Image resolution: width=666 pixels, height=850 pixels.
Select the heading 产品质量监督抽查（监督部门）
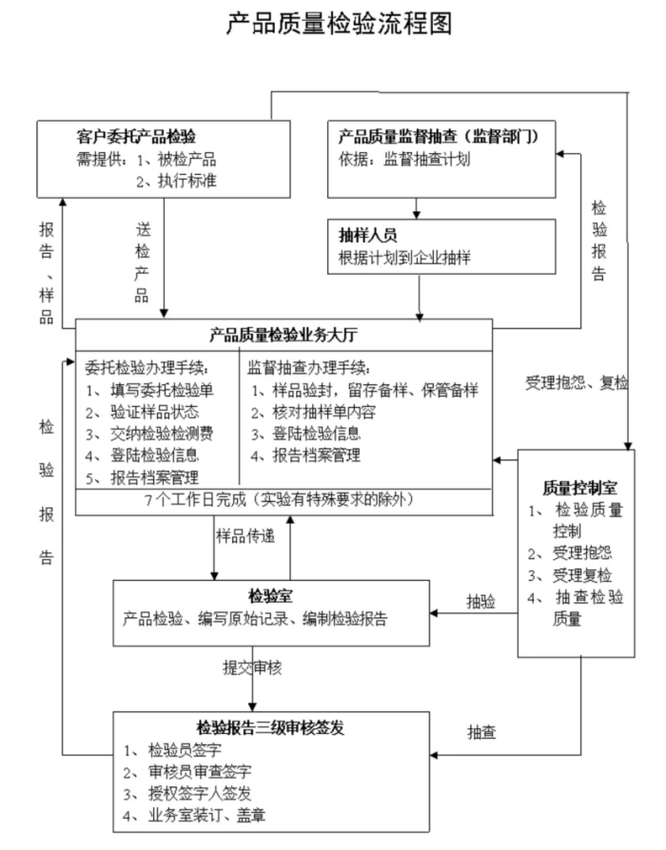click(x=440, y=136)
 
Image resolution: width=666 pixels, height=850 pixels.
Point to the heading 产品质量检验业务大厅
click(x=284, y=335)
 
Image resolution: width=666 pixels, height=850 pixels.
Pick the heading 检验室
click(x=270, y=595)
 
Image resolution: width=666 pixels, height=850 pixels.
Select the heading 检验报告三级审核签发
click(x=270, y=727)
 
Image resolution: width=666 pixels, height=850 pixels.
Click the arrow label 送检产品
click(x=143, y=261)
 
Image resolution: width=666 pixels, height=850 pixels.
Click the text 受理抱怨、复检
click(x=577, y=383)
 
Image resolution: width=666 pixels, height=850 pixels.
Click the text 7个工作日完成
click(x=189, y=499)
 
